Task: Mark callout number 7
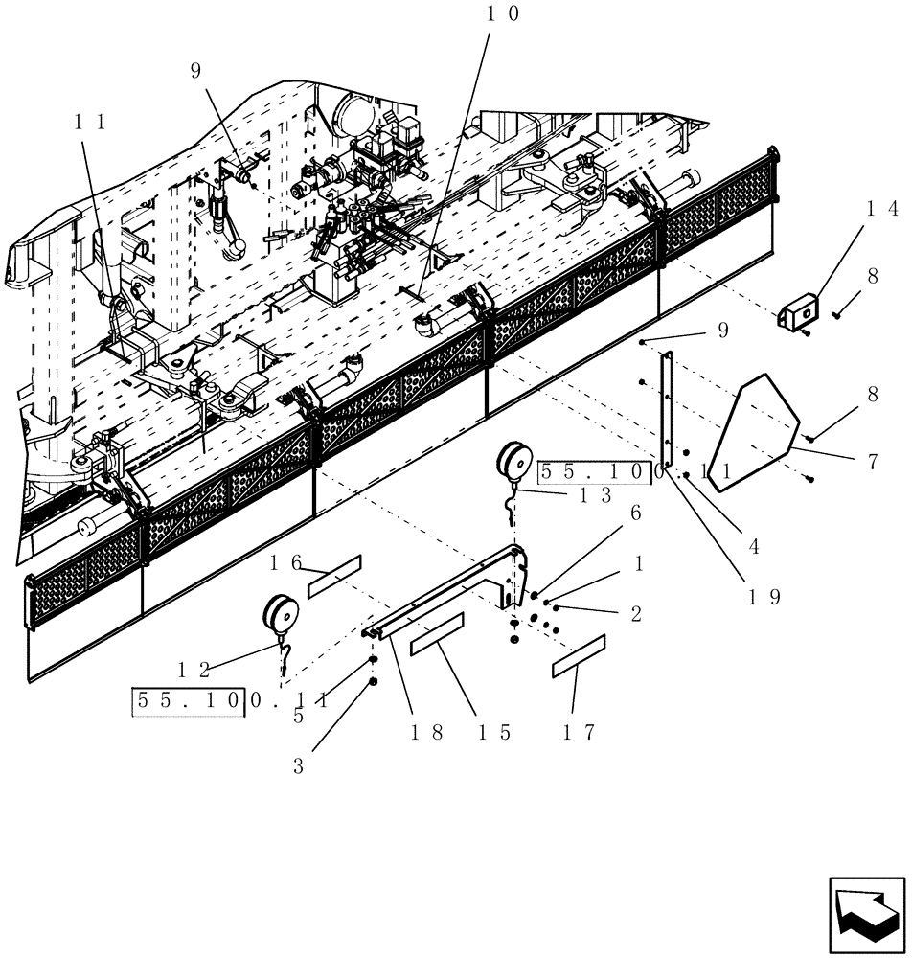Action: coord(872,463)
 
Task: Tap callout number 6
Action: coord(634,513)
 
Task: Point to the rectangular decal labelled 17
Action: coord(579,656)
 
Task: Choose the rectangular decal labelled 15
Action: coord(438,634)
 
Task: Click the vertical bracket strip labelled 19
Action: coord(668,407)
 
